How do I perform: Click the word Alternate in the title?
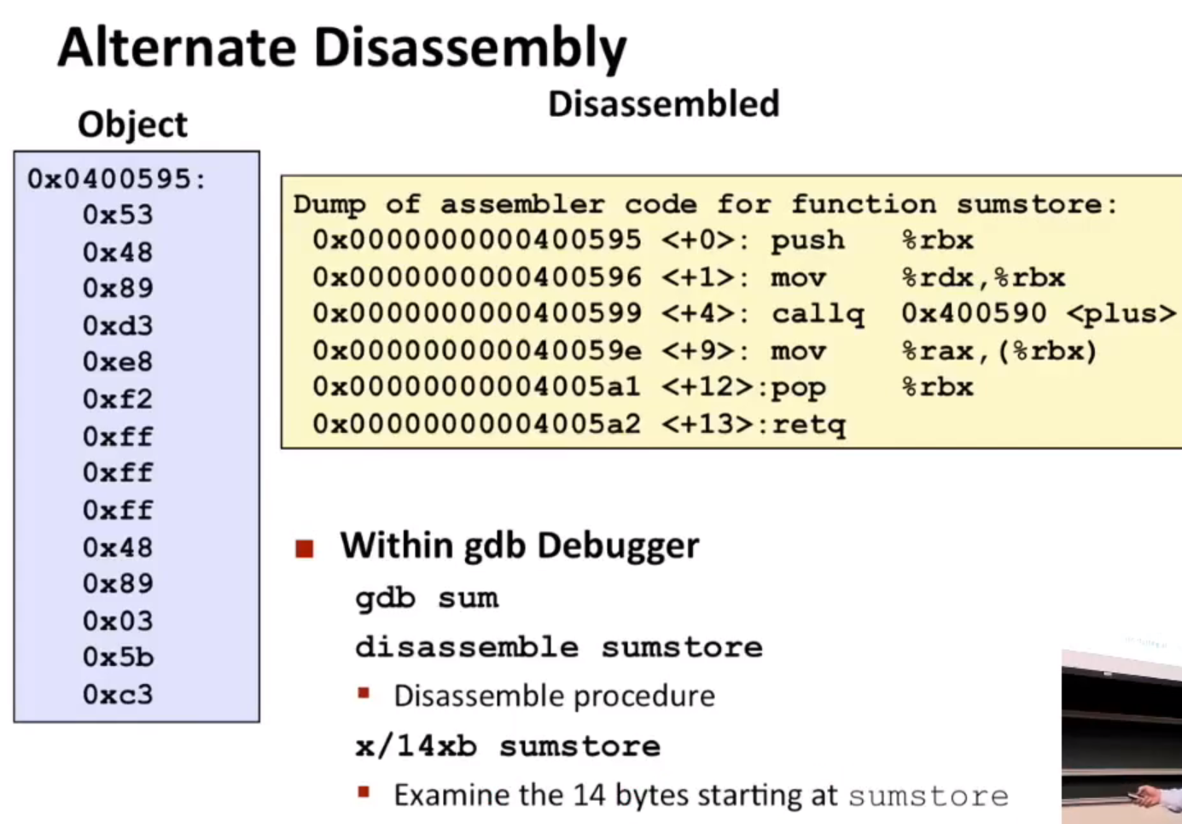pyautogui.click(x=178, y=47)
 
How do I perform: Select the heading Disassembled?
pyautogui.click(x=664, y=103)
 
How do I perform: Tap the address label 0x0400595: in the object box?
pyautogui.click(x=117, y=179)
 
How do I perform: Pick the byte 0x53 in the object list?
pyautogui.click(x=118, y=215)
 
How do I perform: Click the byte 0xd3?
pyautogui.click(x=118, y=325)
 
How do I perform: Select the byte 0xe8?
pyautogui.click(x=118, y=361)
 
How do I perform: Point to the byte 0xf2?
pyautogui.click(x=118, y=399)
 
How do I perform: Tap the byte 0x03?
pyautogui.click(x=118, y=621)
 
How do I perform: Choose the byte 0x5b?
pyautogui.click(x=118, y=657)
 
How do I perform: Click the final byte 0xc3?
pyautogui.click(x=118, y=694)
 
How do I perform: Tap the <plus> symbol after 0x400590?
pyautogui.click(x=1121, y=314)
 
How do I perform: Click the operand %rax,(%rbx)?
pyautogui.click(x=999, y=352)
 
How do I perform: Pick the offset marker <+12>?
pyautogui.click(x=707, y=388)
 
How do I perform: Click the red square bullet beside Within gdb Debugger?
pyautogui.click(x=305, y=548)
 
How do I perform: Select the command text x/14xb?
pyautogui.click(x=416, y=746)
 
